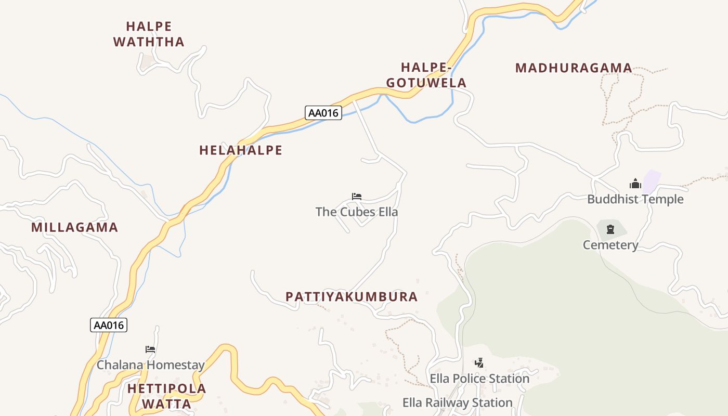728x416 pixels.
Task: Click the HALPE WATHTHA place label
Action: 149,34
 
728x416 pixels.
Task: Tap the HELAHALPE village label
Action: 241,150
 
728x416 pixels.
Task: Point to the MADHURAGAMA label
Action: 574,68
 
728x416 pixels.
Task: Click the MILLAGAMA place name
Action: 74,227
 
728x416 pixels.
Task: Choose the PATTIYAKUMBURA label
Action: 352,297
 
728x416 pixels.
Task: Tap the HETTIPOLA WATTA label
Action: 166,396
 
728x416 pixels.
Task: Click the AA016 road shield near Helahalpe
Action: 323,113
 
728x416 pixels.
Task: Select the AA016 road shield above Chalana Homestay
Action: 109,325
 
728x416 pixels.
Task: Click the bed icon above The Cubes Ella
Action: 356,197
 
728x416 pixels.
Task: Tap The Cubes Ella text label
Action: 357,212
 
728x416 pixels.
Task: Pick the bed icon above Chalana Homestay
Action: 150,349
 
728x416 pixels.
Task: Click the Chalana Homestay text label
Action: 151,365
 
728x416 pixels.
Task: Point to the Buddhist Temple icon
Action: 635,184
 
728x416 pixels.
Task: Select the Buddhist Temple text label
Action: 635,199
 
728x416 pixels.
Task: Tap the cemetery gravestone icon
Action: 610,229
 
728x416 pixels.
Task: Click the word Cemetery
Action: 610,245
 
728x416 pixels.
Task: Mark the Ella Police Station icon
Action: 479,363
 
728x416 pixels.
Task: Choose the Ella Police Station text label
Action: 479,379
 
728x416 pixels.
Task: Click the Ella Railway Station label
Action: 458,402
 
